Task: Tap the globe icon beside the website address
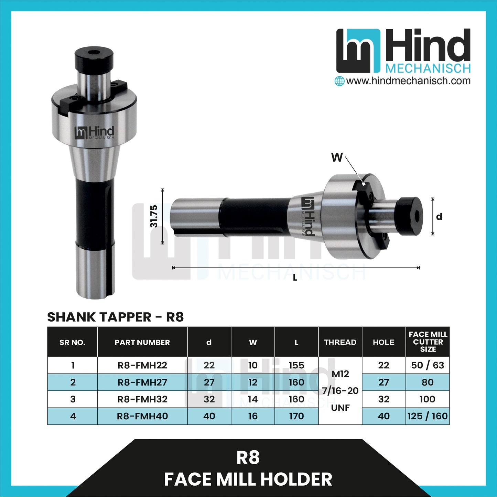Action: [x=339, y=81]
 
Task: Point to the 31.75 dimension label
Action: [x=154, y=216]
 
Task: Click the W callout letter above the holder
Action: [x=337, y=158]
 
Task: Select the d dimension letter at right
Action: [x=439, y=217]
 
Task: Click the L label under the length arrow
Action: [x=295, y=278]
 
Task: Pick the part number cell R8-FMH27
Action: [x=142, y=382]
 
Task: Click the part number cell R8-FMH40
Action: [x=142, y=416]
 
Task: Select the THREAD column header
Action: [x=340, y=342]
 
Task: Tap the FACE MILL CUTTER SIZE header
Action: [x=428, y=342]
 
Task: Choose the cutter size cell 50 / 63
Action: [x=428, y=365]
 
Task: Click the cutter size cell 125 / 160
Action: [x=428, y=416]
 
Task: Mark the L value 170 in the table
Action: [x=296, y=416]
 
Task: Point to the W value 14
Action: [x=253, y=399]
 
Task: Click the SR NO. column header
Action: [x=72, y=342]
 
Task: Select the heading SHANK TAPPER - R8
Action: [x=116, y=317]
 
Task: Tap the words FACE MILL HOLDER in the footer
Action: [x=248, y=479]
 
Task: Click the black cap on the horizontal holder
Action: [x=409, y=215]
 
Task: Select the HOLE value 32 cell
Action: [x=383, y=399]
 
